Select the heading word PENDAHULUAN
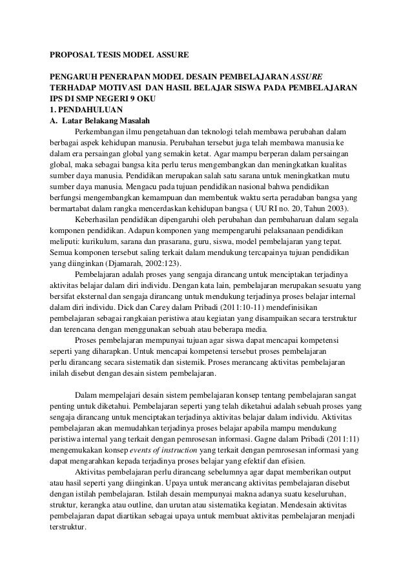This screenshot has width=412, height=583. tap(86, 109)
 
